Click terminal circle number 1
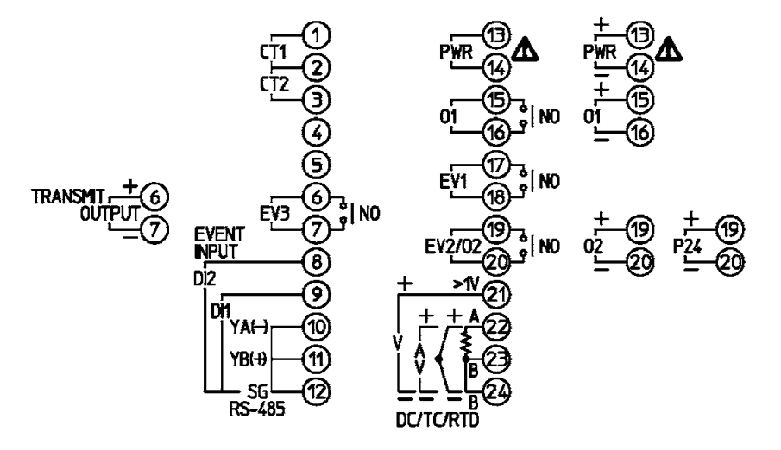tap(319, 35)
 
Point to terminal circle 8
tap(319, 259)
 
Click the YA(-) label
tap(250, 326)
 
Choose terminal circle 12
tap(319, 391)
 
